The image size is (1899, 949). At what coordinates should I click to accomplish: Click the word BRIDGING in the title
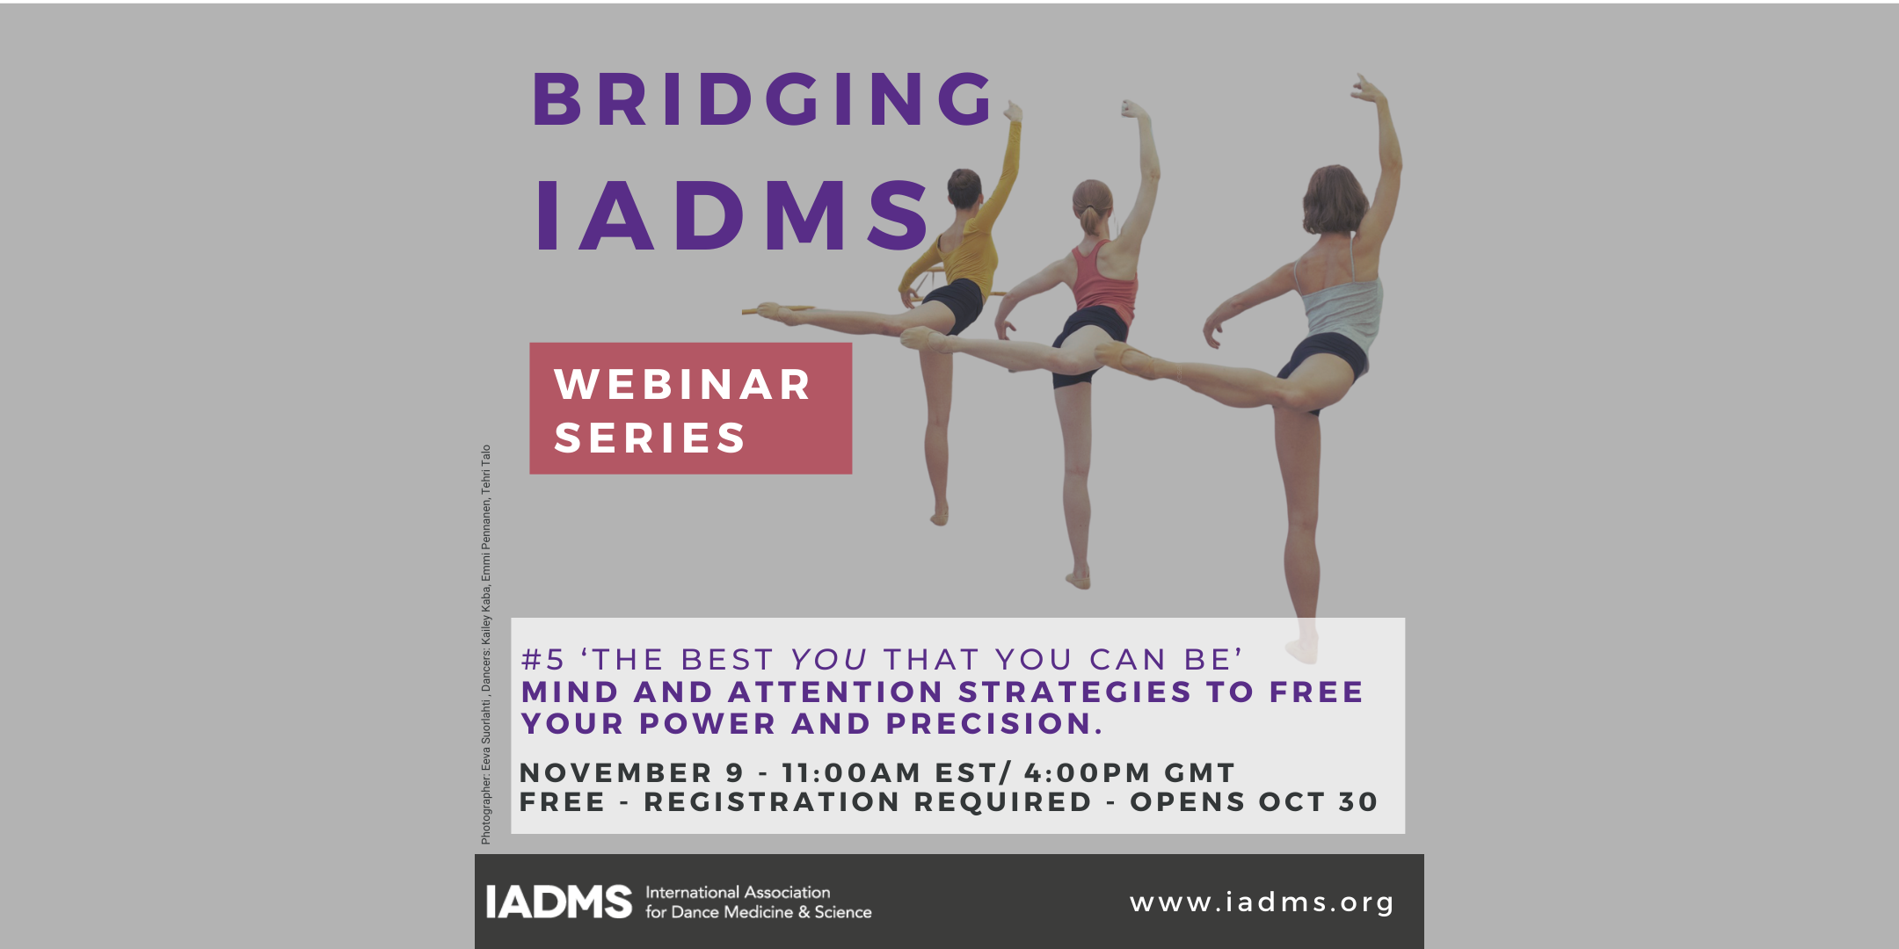tap(763, 98)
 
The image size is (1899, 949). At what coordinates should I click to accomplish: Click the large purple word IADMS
tap(733, 216)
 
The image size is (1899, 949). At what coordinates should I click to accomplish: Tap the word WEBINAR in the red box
tap(682, 385)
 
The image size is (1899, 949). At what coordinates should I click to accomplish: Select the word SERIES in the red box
tap(650, 438)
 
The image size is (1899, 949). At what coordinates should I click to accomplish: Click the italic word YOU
tap(829, 660)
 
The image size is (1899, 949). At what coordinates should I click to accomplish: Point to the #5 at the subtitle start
tap(543, 660)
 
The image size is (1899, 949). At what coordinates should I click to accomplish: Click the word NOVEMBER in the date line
tap(615, 773)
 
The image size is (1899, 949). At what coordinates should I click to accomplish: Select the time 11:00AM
tap(851, 773)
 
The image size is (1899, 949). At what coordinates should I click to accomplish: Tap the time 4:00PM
tap(1088, 773)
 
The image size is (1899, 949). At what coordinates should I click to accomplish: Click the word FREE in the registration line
tap(563, 802)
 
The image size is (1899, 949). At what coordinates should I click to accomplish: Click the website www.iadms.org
tap(1262, 902)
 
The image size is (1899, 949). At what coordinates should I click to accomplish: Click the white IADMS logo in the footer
tap(559, 902)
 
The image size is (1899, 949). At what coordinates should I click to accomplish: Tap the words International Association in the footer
tap(738, 892)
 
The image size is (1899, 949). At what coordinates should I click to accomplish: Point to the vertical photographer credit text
tap(485, 645)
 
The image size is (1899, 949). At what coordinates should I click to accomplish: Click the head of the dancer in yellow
tap(964, 187)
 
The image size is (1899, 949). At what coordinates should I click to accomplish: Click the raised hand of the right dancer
tap(1367, 88)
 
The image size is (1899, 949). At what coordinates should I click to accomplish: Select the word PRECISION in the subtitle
tap(993, 724)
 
